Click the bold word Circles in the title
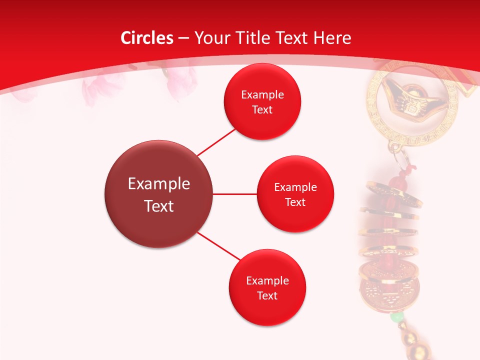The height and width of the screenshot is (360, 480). point(146,38)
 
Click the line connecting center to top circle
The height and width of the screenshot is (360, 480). point(216,142)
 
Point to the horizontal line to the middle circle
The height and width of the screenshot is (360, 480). point(234,194)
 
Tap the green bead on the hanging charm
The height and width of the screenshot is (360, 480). point(396,317)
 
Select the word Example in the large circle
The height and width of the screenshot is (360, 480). point(159,183)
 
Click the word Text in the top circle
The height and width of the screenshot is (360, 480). point(262,109)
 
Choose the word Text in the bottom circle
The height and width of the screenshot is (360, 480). point(267,295)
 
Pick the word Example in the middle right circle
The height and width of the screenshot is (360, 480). point(295,187)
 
